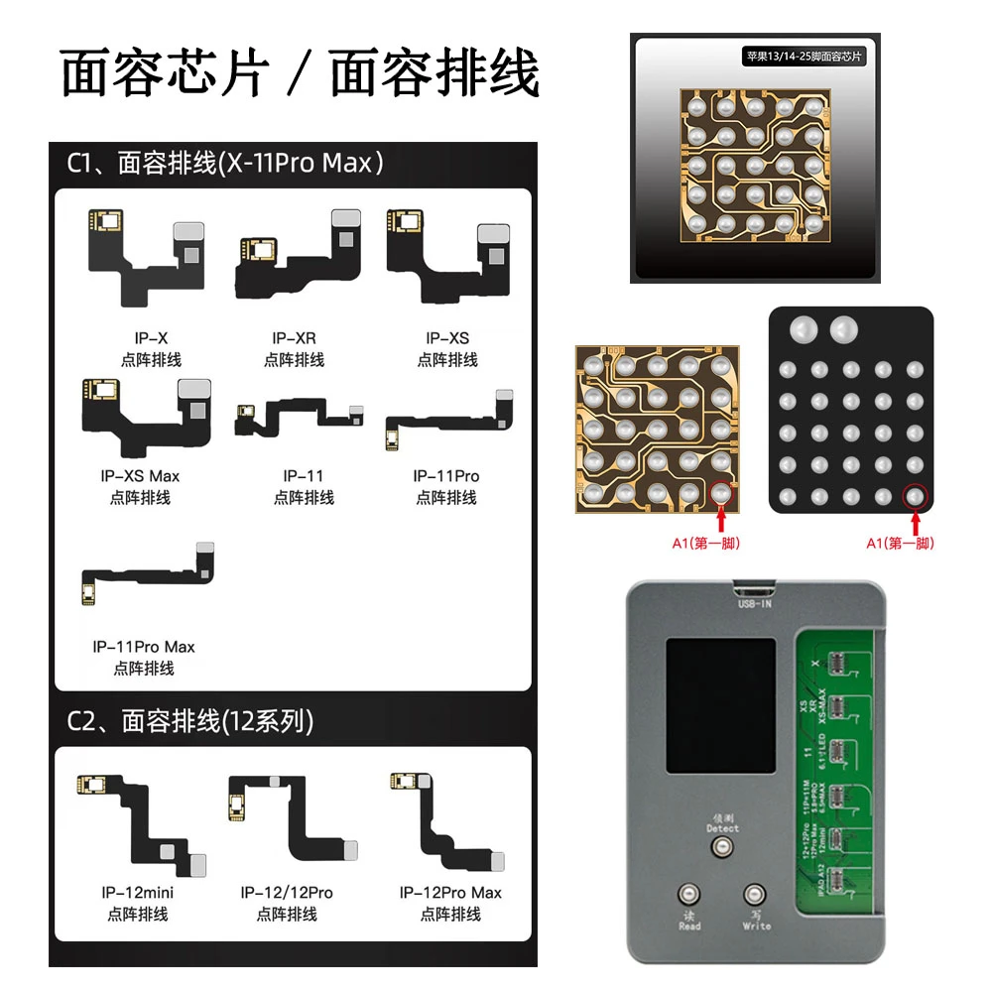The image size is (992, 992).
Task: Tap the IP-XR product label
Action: pos(294,338)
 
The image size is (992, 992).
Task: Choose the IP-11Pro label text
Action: pos(446,476)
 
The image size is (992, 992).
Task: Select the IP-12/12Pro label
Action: pos(287,893)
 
